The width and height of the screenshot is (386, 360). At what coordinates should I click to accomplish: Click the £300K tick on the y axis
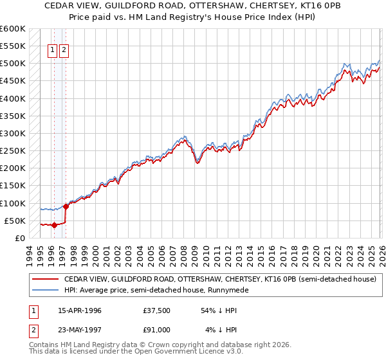(13, 134)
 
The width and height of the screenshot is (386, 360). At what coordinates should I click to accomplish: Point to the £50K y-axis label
(15, 221)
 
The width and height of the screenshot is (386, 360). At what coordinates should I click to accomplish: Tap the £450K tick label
(13, 81)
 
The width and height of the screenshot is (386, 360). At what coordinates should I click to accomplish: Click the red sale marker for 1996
(54, 225)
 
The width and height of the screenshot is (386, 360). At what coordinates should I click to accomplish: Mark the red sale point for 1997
(66, 206)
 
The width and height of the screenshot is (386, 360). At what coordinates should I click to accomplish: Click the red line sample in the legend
(45, 280)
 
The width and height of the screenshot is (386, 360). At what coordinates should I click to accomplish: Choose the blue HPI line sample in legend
(45, 291)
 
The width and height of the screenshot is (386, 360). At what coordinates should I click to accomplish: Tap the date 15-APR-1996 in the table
(80, 310)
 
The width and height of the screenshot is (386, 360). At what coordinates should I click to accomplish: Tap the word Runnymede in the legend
(226, 291)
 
